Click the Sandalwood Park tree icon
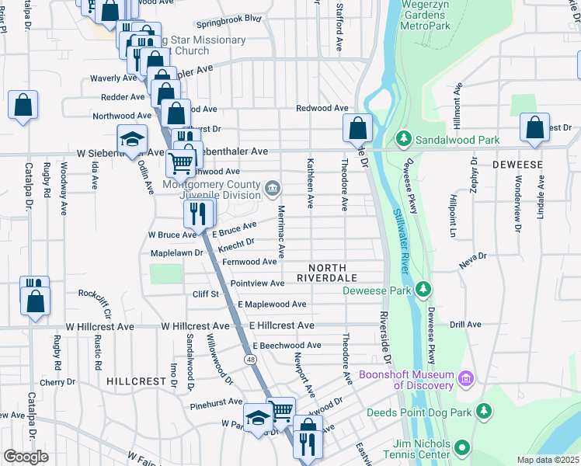coord(403,139)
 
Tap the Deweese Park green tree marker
coord(423,290)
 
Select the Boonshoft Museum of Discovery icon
coord(466,379)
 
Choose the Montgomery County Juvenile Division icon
coord(273,187)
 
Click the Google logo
coord(26,457)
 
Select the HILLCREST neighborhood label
coord(137,382)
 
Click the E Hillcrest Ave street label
coord(281,325)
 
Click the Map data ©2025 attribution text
coord(548,460)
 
